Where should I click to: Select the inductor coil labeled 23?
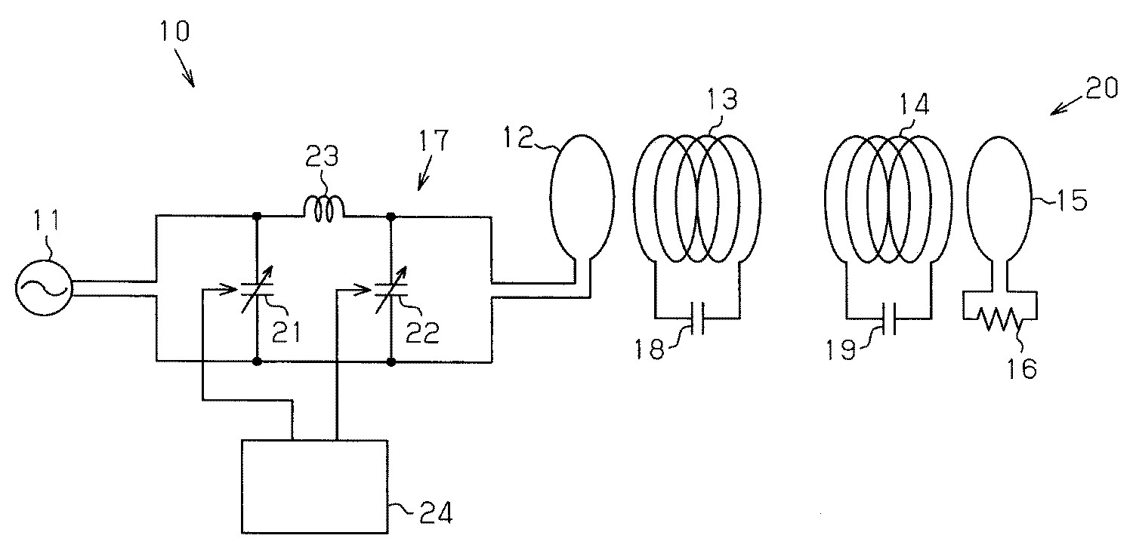point(324,209)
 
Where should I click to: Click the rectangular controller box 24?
point(314,485)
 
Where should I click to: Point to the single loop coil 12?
point(579,198)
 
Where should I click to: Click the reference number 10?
point(175,32)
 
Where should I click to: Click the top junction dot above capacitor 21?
point(257,216)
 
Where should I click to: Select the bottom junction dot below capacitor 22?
point(391,362)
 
